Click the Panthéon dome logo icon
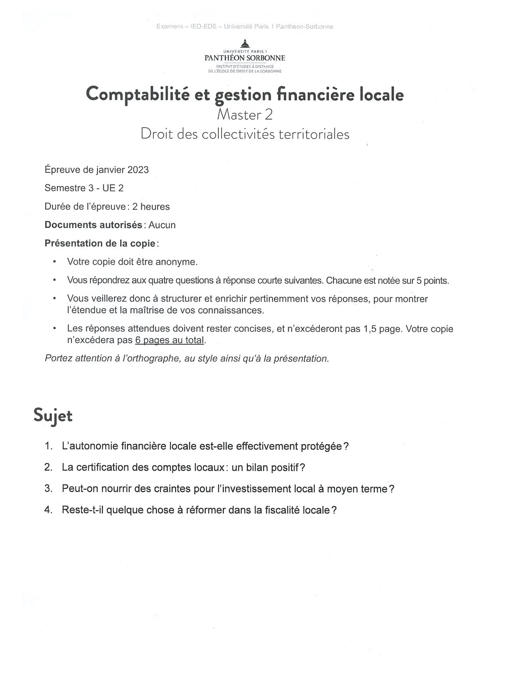click(245, 43)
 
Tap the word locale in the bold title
click(382, 95)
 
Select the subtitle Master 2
click(245, 115)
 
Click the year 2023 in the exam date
click(138, 170)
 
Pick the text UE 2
click(113, 188)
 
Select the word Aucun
click(162, 225)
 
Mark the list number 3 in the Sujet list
click(48, 489)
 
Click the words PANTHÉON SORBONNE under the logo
click(245, 58)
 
